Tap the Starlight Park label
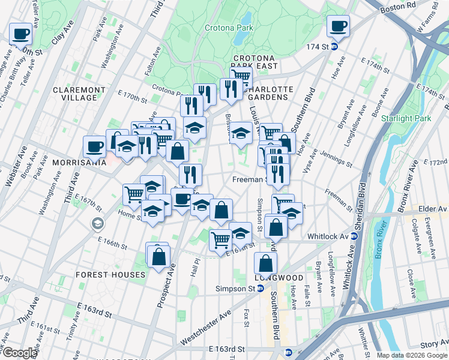(x=406, y=118)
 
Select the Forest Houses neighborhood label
(x=110, y=274)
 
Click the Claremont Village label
(x=79, y=94)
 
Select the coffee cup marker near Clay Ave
(x=20, y=34)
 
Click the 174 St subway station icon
(x=335, y=46)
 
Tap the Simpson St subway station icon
(x=261, y=289)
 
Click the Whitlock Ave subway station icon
(x=354, y=236)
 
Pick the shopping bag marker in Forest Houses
(x=158, y=256)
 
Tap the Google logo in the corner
(x=19, y=353)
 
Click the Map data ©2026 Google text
(x=411, y=355)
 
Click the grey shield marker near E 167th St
(x=97, y=224)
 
